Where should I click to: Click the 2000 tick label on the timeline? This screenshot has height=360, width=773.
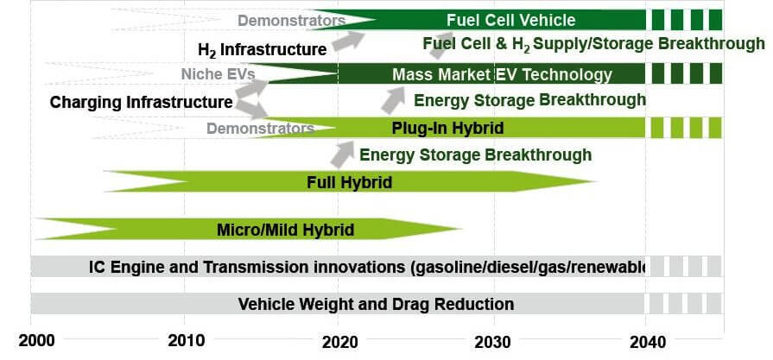point(36,341)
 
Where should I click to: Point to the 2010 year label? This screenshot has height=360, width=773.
point(186,341)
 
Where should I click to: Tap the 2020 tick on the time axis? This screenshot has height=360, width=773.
point(340,342)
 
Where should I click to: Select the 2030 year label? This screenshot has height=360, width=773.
point(493,342)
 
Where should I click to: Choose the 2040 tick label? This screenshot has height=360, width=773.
point(648,342)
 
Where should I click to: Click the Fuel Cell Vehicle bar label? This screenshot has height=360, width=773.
point(510,20)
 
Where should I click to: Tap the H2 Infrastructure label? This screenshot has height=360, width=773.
point(262,50)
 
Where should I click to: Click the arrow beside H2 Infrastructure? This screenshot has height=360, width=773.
point(349,41)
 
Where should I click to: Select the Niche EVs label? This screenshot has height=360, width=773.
point(219,74)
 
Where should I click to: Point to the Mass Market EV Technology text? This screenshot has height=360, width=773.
point(503,75)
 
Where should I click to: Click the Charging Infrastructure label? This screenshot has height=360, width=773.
point(141,103)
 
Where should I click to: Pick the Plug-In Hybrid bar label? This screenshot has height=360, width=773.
point(447,129)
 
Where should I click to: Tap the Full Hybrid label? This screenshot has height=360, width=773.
point(350,183)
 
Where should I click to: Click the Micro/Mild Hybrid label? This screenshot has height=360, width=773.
point(285,230)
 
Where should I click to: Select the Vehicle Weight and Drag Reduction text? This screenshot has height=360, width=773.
point(376,304)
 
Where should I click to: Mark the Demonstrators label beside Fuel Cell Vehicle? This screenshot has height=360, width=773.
point(291,21)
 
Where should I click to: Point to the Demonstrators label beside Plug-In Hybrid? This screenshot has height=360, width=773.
point(260,129)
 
